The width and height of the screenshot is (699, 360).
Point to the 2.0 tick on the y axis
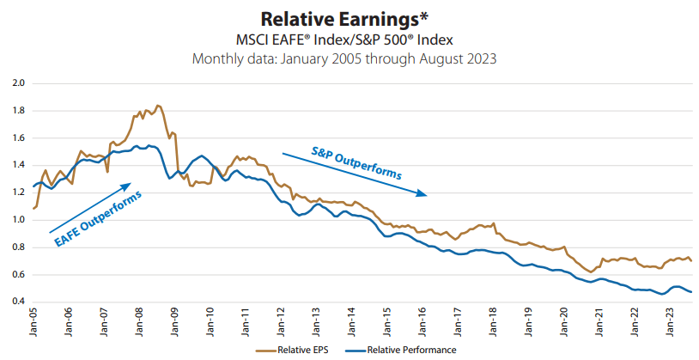[18, 83]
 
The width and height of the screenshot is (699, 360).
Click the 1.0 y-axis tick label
[18, 220]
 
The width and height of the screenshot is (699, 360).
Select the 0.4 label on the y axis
[18, 302]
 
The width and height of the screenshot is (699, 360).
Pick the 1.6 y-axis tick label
[18, 138]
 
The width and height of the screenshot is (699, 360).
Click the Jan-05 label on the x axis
[33, 323]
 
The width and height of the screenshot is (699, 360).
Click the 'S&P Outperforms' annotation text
[356, 165]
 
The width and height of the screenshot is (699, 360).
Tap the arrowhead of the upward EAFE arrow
[128, 184]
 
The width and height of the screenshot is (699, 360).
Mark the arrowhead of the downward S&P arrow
[422, 193]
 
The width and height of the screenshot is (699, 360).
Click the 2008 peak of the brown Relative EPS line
[158, 106]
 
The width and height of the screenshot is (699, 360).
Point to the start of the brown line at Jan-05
[33, 208]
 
